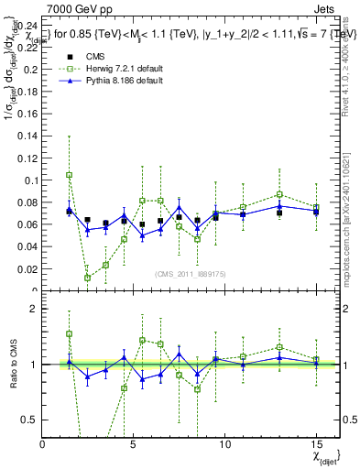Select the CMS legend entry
[98, 57]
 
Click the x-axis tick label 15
[315, 443]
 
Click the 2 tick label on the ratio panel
[35, 309]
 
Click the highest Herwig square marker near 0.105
[70, 174]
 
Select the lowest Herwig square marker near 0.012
[88, 278]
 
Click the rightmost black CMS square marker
[316, 213]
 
